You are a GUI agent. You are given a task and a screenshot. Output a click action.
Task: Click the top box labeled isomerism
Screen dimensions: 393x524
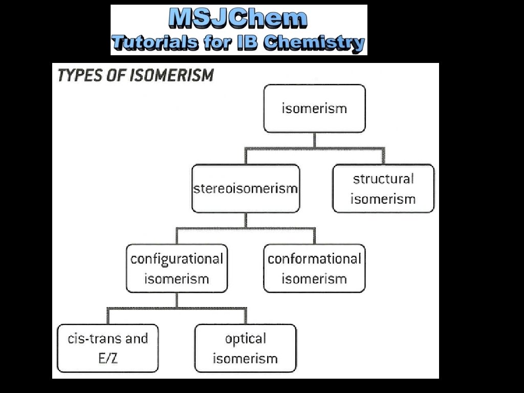[314, 108]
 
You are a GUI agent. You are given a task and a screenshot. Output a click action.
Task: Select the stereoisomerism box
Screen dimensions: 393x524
[246, 188]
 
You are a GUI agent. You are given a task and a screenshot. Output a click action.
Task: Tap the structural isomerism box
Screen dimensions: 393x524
[383, 188]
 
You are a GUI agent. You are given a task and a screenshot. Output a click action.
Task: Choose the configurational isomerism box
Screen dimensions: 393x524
[177, 269]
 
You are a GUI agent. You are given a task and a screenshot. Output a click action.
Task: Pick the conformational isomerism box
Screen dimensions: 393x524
[314, 269]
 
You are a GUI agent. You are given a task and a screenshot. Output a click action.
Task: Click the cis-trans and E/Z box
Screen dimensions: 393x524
[108, 348]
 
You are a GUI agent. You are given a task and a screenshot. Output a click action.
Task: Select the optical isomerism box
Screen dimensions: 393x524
[246, 348]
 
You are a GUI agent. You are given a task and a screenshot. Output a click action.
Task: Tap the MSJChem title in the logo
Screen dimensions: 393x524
[238, 19]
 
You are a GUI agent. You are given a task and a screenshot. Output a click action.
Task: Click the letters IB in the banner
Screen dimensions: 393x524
[248, 42]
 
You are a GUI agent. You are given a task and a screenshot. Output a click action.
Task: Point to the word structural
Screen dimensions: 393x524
[383, 179]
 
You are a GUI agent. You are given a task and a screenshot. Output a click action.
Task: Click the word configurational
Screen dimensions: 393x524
[177, 259]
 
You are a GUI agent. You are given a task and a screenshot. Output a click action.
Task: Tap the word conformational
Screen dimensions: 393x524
[314, 259]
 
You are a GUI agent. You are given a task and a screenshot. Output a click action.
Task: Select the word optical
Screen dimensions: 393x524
[246, 339]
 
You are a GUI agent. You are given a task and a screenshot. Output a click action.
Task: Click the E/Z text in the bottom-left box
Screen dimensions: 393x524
[108, 358]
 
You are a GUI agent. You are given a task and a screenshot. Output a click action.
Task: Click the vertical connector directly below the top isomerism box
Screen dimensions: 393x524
[314, 140]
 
